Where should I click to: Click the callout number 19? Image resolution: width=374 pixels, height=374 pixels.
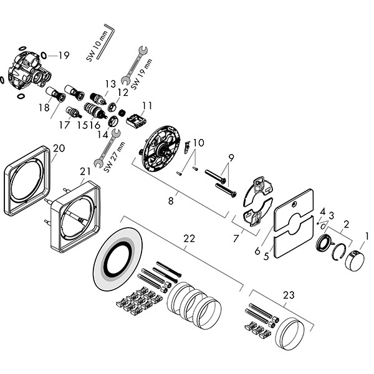[64, 55]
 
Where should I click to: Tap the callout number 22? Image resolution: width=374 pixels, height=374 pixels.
[188, 237]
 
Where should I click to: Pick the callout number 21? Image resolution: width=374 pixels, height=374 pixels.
[85, 171]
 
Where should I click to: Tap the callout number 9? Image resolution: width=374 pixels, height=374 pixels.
[230, 156]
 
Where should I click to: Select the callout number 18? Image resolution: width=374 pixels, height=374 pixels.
[44, 108]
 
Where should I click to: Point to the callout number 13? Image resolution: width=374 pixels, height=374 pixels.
[110, 83]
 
